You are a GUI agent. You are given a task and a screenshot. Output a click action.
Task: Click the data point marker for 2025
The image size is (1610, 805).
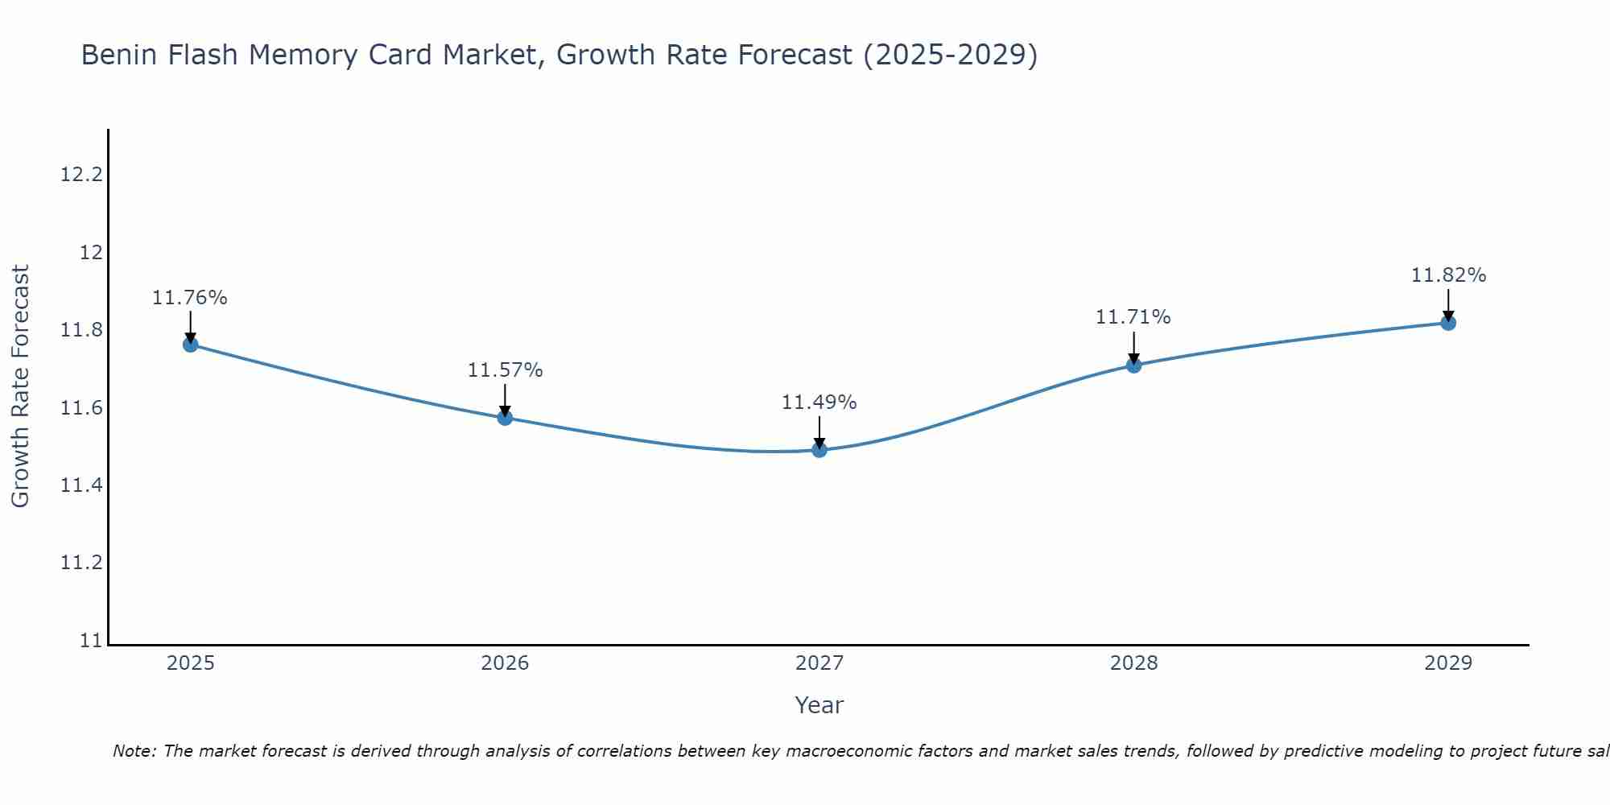pos(191,345)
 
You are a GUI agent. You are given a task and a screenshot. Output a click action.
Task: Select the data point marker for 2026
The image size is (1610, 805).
pos(505,418)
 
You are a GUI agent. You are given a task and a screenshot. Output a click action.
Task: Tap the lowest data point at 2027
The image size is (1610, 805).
pos(819,449)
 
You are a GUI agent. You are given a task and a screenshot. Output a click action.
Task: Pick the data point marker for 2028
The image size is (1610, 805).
pos(1133,365)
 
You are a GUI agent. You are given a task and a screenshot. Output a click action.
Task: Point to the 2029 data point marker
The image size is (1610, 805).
pos(1448,323)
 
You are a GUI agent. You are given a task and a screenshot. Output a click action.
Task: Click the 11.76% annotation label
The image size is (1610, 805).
pos(190,298)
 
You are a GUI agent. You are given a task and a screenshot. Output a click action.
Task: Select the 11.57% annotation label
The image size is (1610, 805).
pos(505,370)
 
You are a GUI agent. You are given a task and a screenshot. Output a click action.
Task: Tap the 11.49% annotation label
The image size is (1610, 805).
pos(819,402)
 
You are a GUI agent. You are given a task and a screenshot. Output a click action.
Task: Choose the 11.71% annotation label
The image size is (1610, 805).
pos(1133,317)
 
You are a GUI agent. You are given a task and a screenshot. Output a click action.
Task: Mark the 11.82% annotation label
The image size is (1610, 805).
pos(1448,275)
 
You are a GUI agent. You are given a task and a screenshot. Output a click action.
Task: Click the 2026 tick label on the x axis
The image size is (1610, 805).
pos(505,663)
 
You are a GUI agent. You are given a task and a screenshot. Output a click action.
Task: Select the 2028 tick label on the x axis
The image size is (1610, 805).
pos(1133,663)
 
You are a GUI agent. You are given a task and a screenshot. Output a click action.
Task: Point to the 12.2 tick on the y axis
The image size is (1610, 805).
pos(82,175)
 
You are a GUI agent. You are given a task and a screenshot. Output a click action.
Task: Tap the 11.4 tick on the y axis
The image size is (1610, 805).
pos(82,485)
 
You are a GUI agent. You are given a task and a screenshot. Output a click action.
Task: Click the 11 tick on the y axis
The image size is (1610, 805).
pos(92,641)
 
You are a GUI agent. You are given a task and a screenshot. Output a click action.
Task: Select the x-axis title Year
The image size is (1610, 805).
pos(819,705)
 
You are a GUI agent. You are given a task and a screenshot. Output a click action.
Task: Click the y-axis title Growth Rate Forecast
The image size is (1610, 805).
pos(20,386)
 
